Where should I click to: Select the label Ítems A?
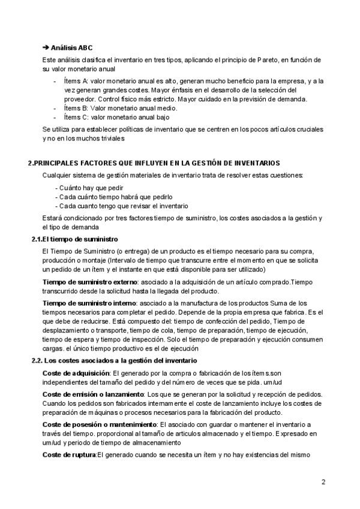click(76, 81)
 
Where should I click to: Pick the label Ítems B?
click(76, 108)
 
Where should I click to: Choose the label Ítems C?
click(76, 117)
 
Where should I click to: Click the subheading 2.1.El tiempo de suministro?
click(74, 239)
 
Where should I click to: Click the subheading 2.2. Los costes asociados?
click(114, 361)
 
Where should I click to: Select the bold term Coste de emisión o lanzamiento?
click(93, 395)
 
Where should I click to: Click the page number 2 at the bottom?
click(323, 482)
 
